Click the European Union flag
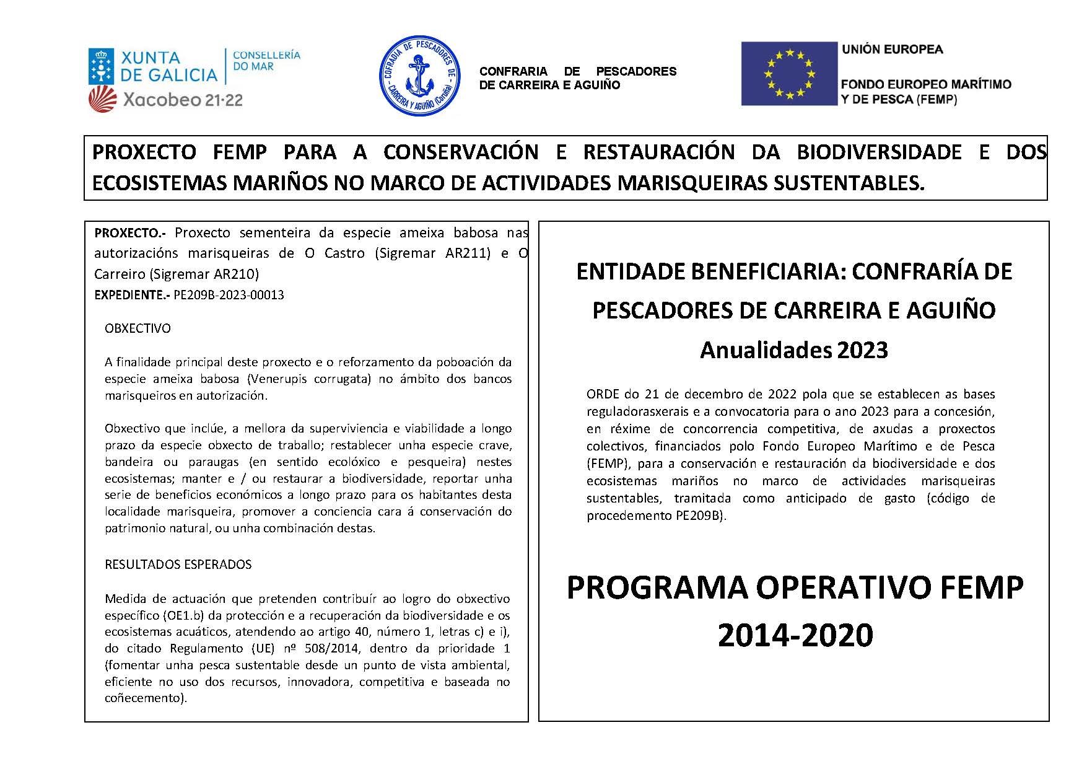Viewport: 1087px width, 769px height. [x=788, y=74]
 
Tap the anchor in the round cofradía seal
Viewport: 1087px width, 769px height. [x=420, y=76]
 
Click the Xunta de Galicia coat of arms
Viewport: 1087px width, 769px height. [x=101, y=66]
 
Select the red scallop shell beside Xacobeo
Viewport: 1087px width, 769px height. [x=102, y=99]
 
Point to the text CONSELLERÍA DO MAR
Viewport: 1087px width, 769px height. [x=266, y=61]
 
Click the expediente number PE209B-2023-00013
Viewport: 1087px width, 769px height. [x=229, y=295]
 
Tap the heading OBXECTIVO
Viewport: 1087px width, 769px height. [x=138, y=328]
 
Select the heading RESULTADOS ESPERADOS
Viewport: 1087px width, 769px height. [x=178, y=565]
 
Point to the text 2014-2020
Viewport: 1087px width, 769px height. [x=795, y=635]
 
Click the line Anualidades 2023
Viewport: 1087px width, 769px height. [x=794, y=350]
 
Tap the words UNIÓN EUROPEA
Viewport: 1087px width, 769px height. [x=892, y=50]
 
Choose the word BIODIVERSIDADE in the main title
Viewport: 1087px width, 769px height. [x=879, y=152]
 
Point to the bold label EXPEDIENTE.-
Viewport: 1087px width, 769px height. [x=132, y=295]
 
